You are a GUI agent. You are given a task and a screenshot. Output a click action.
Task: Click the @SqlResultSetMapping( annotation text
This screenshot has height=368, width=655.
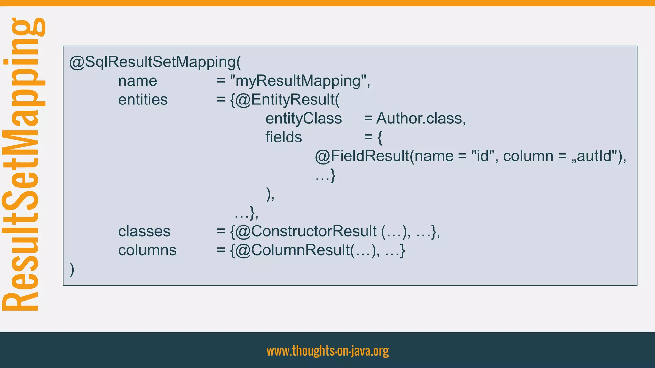pyautogui.click(x=155, y=62)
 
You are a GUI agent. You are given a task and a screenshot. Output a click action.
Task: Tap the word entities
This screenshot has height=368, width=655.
pyautogui.click(x=143, y=100)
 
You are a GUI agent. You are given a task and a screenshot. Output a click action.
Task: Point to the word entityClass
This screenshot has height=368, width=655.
pyautogui.click(x=304, y=119)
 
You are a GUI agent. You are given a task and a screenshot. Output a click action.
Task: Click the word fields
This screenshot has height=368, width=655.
pyautogui.click(x=283, y=137)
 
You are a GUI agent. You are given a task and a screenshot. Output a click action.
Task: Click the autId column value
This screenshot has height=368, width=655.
pyautogui.click(x=595, y=156)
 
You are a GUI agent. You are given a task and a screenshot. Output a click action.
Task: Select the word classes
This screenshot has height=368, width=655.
pyautogui.click(x=144, y=231)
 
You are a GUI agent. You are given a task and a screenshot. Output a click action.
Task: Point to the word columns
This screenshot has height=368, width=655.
pyautogui.click(x=147, y=250)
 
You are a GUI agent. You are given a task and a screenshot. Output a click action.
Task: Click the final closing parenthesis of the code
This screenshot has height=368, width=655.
pyautogui.click(x=72, y=269)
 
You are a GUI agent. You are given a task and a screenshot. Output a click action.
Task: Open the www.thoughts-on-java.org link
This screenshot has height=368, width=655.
pyautogui.click(x=327, y=351)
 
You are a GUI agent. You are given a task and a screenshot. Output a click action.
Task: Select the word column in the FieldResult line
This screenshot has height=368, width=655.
pyautogui.click(x=528, y=156)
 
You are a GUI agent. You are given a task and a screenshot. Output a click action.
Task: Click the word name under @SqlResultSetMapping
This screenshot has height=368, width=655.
pyautogui.click(x=138, y=81)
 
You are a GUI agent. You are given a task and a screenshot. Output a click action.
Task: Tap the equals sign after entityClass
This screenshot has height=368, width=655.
pyautogui.click(x=368, y=119)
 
